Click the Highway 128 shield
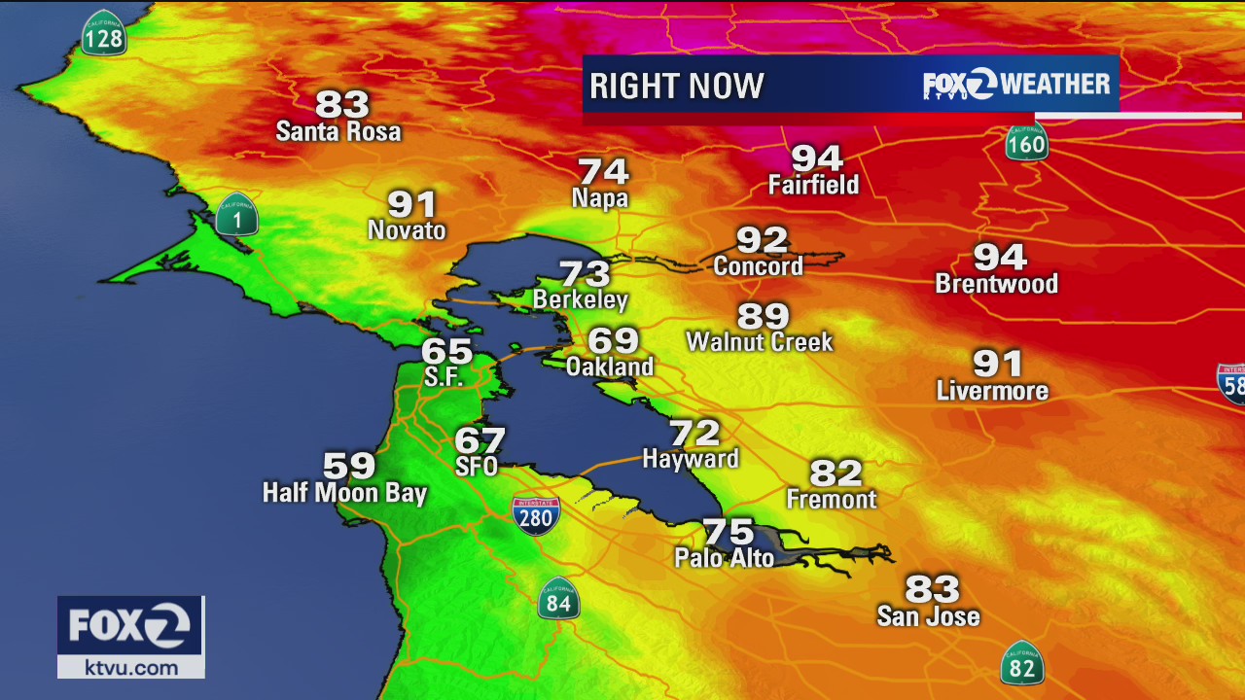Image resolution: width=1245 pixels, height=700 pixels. click(x=103, y=35)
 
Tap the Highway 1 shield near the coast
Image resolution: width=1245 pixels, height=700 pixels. click(x=236, y=216)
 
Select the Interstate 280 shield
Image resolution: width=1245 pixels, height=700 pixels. click(x=536, y=514)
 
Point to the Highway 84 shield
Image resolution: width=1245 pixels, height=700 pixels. click(x=558, y=599)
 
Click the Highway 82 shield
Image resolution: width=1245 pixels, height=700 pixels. click(x=1021, y=664)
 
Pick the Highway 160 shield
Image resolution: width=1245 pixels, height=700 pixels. click(x=1026, y=143)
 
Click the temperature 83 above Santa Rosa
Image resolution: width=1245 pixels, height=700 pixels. click(x=342, y=104)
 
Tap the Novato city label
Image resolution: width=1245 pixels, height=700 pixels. click(x=407, y=230)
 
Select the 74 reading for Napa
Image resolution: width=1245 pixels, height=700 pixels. click(x=603, y=172)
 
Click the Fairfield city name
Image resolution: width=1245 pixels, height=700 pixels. click(x=813, y=185)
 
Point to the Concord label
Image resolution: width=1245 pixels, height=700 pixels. click(x=758, y=266)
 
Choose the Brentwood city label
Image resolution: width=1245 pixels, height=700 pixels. click(x=996, y=284)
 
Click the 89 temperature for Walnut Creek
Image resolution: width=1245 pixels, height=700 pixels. click(x=763, y=316)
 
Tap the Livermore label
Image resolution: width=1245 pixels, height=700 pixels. click(x=992, y=391)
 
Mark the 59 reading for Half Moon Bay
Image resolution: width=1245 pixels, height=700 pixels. click(x=349, y=466)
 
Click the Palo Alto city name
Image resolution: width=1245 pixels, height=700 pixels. click(x=725, y=558)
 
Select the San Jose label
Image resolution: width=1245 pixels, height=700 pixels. click(x=928, y=616)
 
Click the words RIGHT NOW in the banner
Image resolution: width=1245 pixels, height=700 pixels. click(x=676, y=86)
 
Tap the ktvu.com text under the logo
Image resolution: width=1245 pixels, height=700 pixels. click(x=131, y=667)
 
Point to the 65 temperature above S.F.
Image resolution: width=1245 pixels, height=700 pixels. click(x=446, y=351)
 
